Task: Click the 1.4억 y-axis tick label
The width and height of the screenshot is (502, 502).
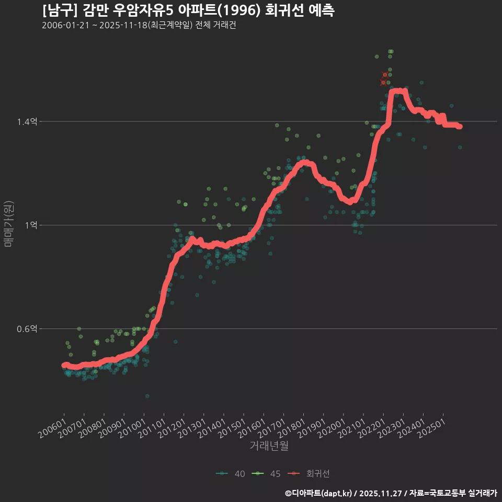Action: click(27, 121)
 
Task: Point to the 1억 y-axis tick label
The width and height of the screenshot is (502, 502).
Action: click(30, 225)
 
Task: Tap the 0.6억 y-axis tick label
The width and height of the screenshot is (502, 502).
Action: click(27, 329)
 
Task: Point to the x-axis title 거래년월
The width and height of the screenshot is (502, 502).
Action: click(269, 446)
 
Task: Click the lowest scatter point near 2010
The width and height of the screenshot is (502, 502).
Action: click(147, 396)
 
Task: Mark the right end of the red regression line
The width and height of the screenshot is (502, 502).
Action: click(460, 127)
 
